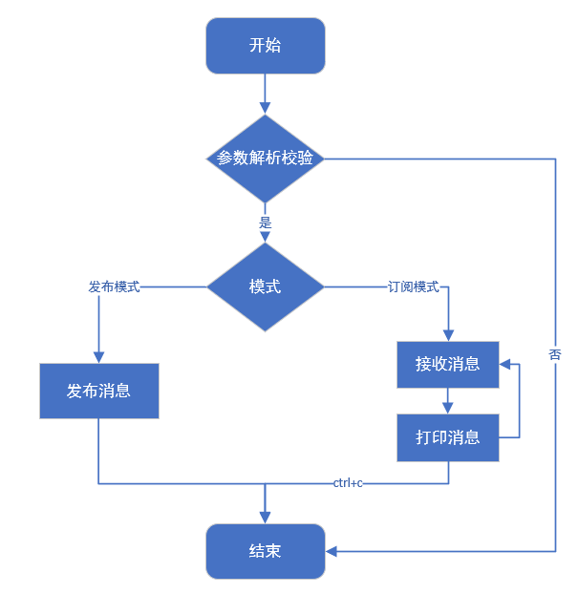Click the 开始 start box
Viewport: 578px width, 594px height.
[265, 46]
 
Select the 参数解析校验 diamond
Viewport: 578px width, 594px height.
[265, 159]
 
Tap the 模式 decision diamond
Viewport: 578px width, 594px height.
[265, 286]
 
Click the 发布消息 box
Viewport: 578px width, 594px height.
[98, 391]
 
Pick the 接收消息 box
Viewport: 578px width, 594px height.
[448, 364]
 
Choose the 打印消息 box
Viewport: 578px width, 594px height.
[448, 438]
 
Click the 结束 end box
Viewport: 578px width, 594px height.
[265, 551]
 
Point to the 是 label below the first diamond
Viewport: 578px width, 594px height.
[266, 222]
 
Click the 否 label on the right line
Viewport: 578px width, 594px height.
[555, 354]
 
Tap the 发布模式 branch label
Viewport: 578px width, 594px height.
[114, 286]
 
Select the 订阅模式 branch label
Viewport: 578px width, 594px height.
[413, 286]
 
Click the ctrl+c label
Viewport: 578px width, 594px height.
[348, 483]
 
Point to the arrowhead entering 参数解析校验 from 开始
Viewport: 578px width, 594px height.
[265, 109]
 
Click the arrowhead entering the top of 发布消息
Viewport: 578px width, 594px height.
[98, 356]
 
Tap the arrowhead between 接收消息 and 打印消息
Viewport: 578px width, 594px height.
[448, 409]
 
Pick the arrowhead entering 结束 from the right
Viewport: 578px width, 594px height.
[332, 551]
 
